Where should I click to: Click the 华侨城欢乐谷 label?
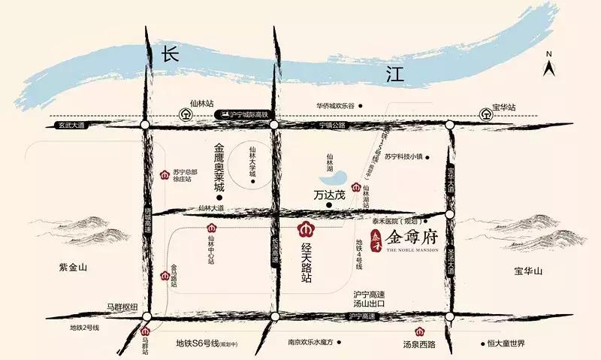pyautogui.click(x=334, y=106)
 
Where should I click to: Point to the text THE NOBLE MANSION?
pyautogui.click(x=416, y=250)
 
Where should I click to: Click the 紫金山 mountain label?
pyautogui.click(x=73, y=267)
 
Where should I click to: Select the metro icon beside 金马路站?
pyautogui.click(x=165, y=275)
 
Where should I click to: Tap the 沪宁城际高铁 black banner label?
pyautogui.click(x=244, y=114)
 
